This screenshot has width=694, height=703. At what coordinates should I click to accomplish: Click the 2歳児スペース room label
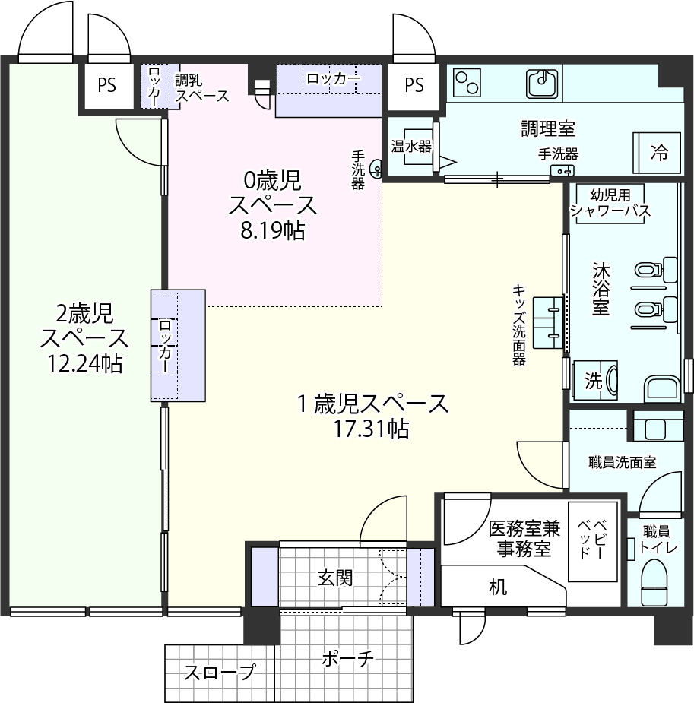click(x=84, y=326)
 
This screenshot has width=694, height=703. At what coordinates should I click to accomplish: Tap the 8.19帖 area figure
click(x=273, y=230)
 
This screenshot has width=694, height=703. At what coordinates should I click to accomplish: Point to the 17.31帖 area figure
click(x=371, y=429)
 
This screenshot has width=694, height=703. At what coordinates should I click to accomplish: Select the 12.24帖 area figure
click(x=84, y=363)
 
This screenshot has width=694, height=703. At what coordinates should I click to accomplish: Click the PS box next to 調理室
click(x=414, y=85)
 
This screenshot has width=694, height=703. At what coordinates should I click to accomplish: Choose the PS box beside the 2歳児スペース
click(x=106, y=85)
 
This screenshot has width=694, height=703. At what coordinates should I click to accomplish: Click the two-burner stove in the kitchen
click(x=467, y=83)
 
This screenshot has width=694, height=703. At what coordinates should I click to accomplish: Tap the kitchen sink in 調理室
click(x=542, y=84)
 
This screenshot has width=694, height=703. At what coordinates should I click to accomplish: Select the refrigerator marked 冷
click(x=657, y=153)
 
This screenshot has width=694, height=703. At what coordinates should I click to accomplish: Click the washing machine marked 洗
click(x=595, y=380)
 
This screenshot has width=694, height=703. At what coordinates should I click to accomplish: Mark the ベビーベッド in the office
click(x=593, y=542)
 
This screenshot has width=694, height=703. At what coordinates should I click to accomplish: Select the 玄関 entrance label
click(x=335, y=578)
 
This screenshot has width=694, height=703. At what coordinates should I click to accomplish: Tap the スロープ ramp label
click(x=220, y=673)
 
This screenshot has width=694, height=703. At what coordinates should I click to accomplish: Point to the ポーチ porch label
click(x=347, y=659)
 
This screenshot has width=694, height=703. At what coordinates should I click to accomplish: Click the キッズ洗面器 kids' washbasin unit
click(x=548, y=322)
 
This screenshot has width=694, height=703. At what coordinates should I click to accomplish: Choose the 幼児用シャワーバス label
click(x=610, y=203)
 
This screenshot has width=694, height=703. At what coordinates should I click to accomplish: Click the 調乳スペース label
click(x=201, y=88)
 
